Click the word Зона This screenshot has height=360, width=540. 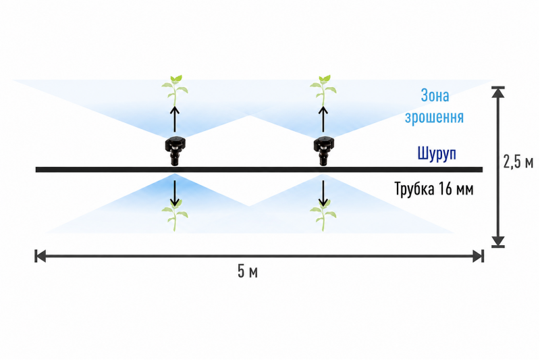coord(435,95)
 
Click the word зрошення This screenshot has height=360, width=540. coord(434,117)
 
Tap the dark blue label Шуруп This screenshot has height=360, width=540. coord(437,153)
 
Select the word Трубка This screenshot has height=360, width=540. coord(414,189)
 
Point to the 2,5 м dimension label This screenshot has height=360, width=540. coord(518,161)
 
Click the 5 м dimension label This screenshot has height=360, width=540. coord(248,271)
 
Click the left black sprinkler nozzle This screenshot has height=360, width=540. coord(175,151)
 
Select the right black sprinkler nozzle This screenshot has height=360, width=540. coord(323,151)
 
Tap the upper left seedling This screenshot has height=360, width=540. coord(175,91)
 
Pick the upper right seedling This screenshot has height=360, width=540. coord(323,91)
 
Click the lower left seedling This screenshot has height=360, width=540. coord(175,215)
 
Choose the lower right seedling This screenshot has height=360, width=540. coord(323,215)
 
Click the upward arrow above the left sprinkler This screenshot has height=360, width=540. coord(175,119)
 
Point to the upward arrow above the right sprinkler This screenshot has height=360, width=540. coord(323,119)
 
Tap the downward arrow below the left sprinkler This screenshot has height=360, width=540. coord(175,193)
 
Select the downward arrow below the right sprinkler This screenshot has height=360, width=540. coord(323,193)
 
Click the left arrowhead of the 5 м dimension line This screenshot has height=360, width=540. coord(40,256)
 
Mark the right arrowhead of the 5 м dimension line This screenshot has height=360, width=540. coord(479,256)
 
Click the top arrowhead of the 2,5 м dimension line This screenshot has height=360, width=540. coord(498,92)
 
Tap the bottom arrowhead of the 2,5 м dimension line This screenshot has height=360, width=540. coord(498,242)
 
